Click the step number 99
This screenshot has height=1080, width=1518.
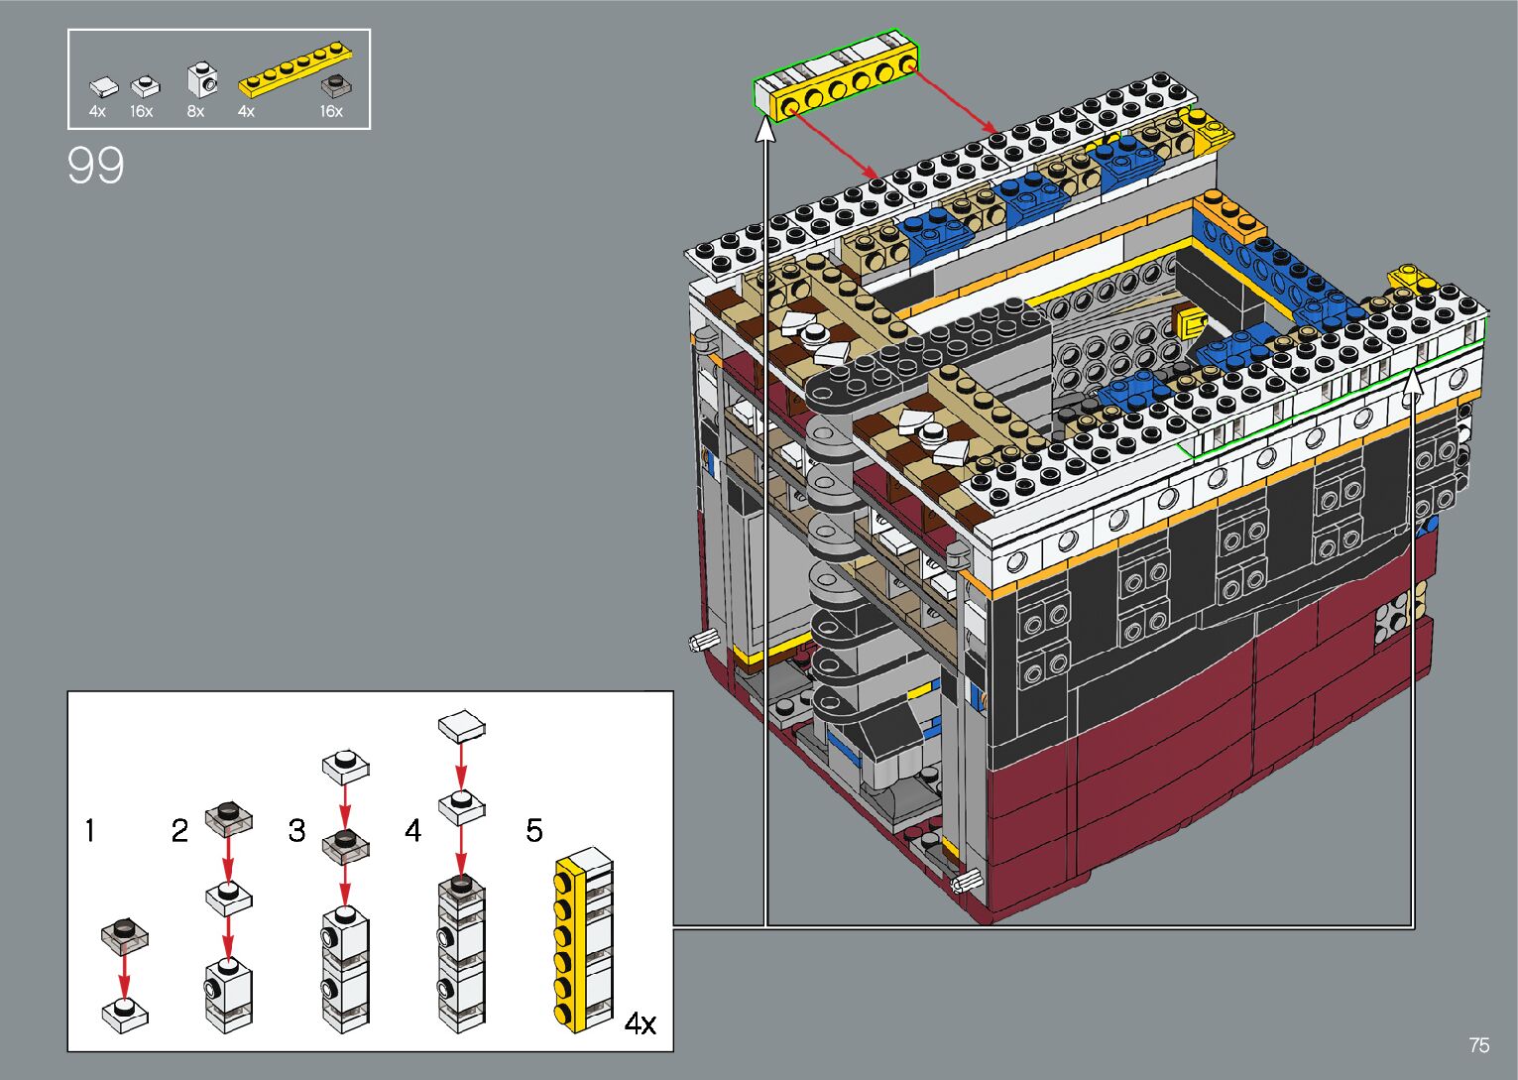click(x=95, y=166)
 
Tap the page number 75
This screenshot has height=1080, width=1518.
click(x=1479, y=1044)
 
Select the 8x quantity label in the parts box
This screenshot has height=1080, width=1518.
click(x=195, y=111)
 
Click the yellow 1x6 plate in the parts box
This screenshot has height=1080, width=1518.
click(x=294, y=67)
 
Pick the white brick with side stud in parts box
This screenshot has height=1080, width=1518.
click(x=202, y=80)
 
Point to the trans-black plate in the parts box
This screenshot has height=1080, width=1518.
click(x=335, y=86)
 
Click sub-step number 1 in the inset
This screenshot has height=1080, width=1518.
click(x=89, y=830)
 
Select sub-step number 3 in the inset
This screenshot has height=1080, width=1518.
click(x=296, y=830)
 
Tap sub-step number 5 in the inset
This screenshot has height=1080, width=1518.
click(x=534, y=830)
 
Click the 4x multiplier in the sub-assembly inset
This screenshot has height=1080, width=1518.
click(x=641, y=1023)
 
